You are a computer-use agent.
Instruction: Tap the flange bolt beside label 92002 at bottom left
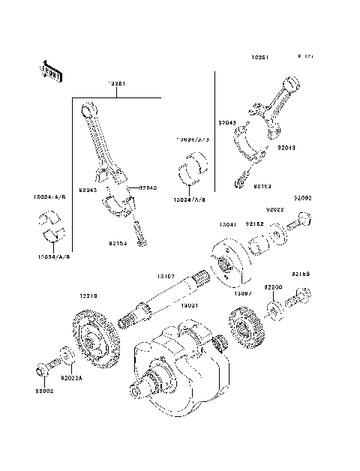click(x=43, y=369)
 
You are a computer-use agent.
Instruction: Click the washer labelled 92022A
click(x=65, y=353)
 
